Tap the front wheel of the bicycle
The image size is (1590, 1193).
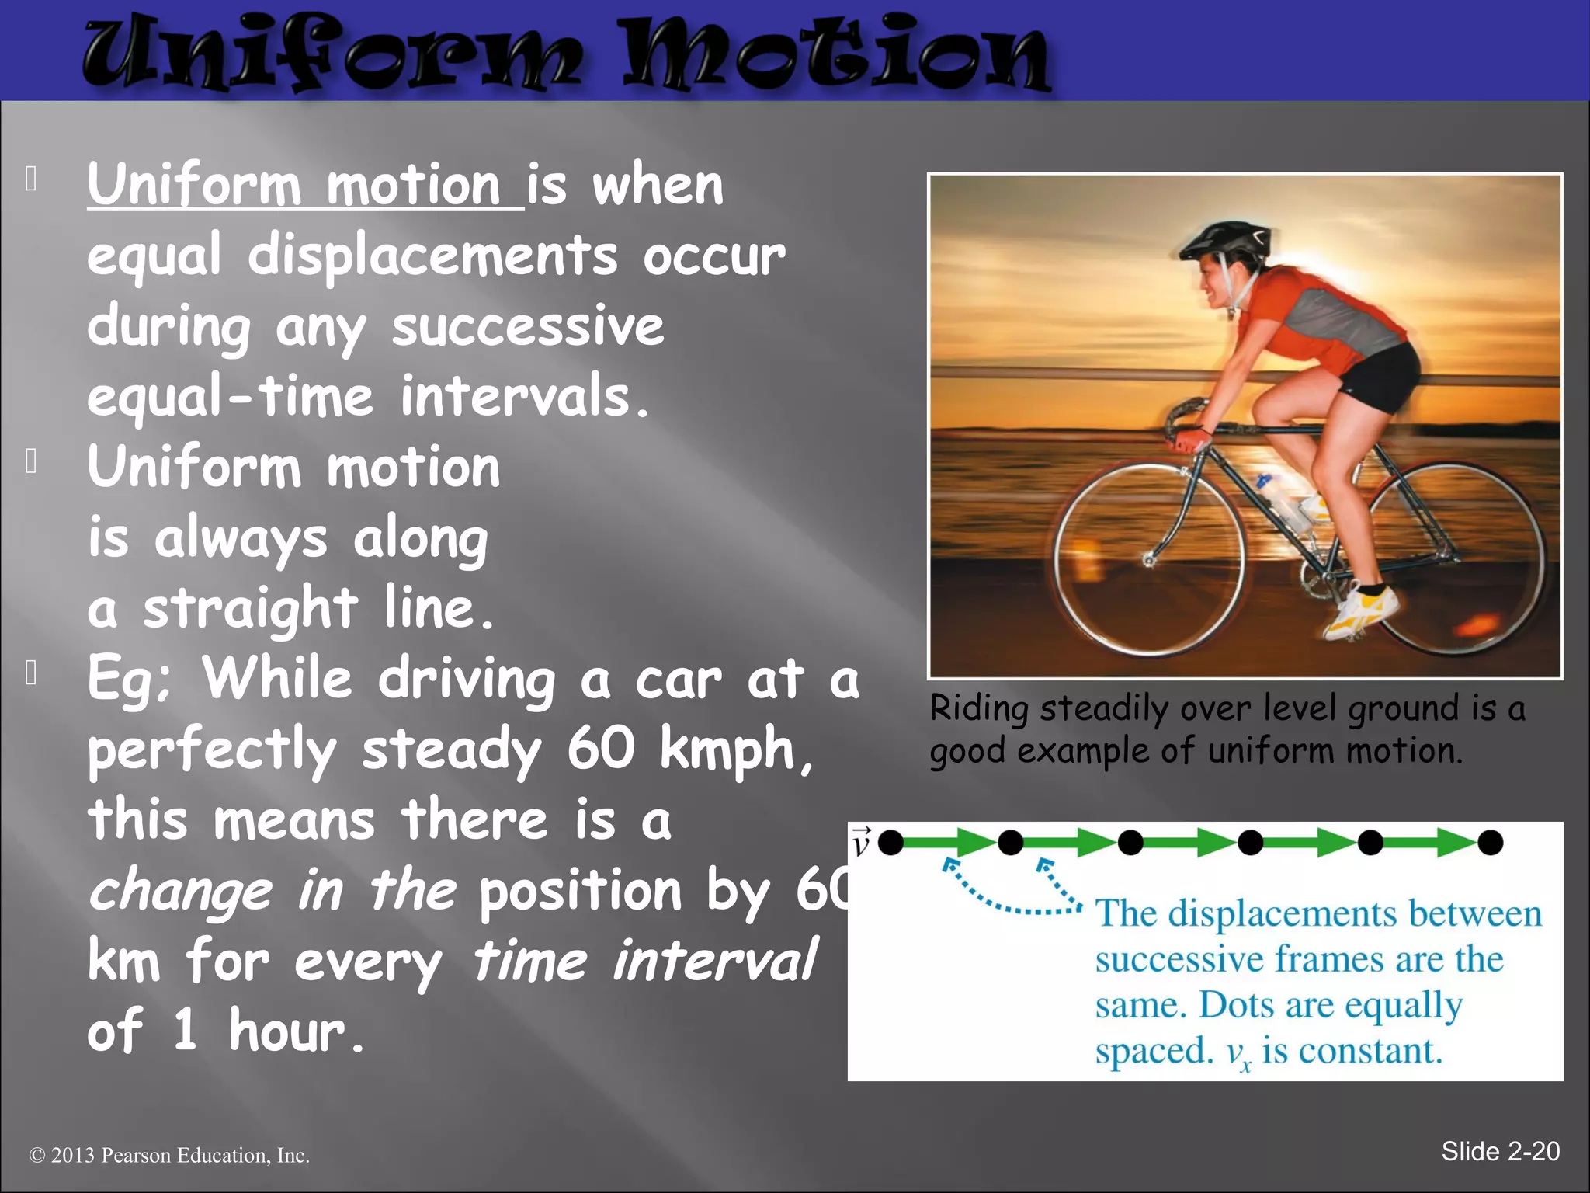[x=1149, y=558]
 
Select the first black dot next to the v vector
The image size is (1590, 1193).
[x=890, y=842]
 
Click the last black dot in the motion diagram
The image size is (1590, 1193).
[x=1490, y=842]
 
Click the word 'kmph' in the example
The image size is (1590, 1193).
[x=728, y=750]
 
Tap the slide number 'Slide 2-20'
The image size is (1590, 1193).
[x=1500, y=1151]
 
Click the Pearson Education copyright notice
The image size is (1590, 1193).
[x=169, y=1156]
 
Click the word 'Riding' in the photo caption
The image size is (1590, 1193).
[x=979, y=708]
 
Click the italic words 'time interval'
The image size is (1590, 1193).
[x=644, y=961]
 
